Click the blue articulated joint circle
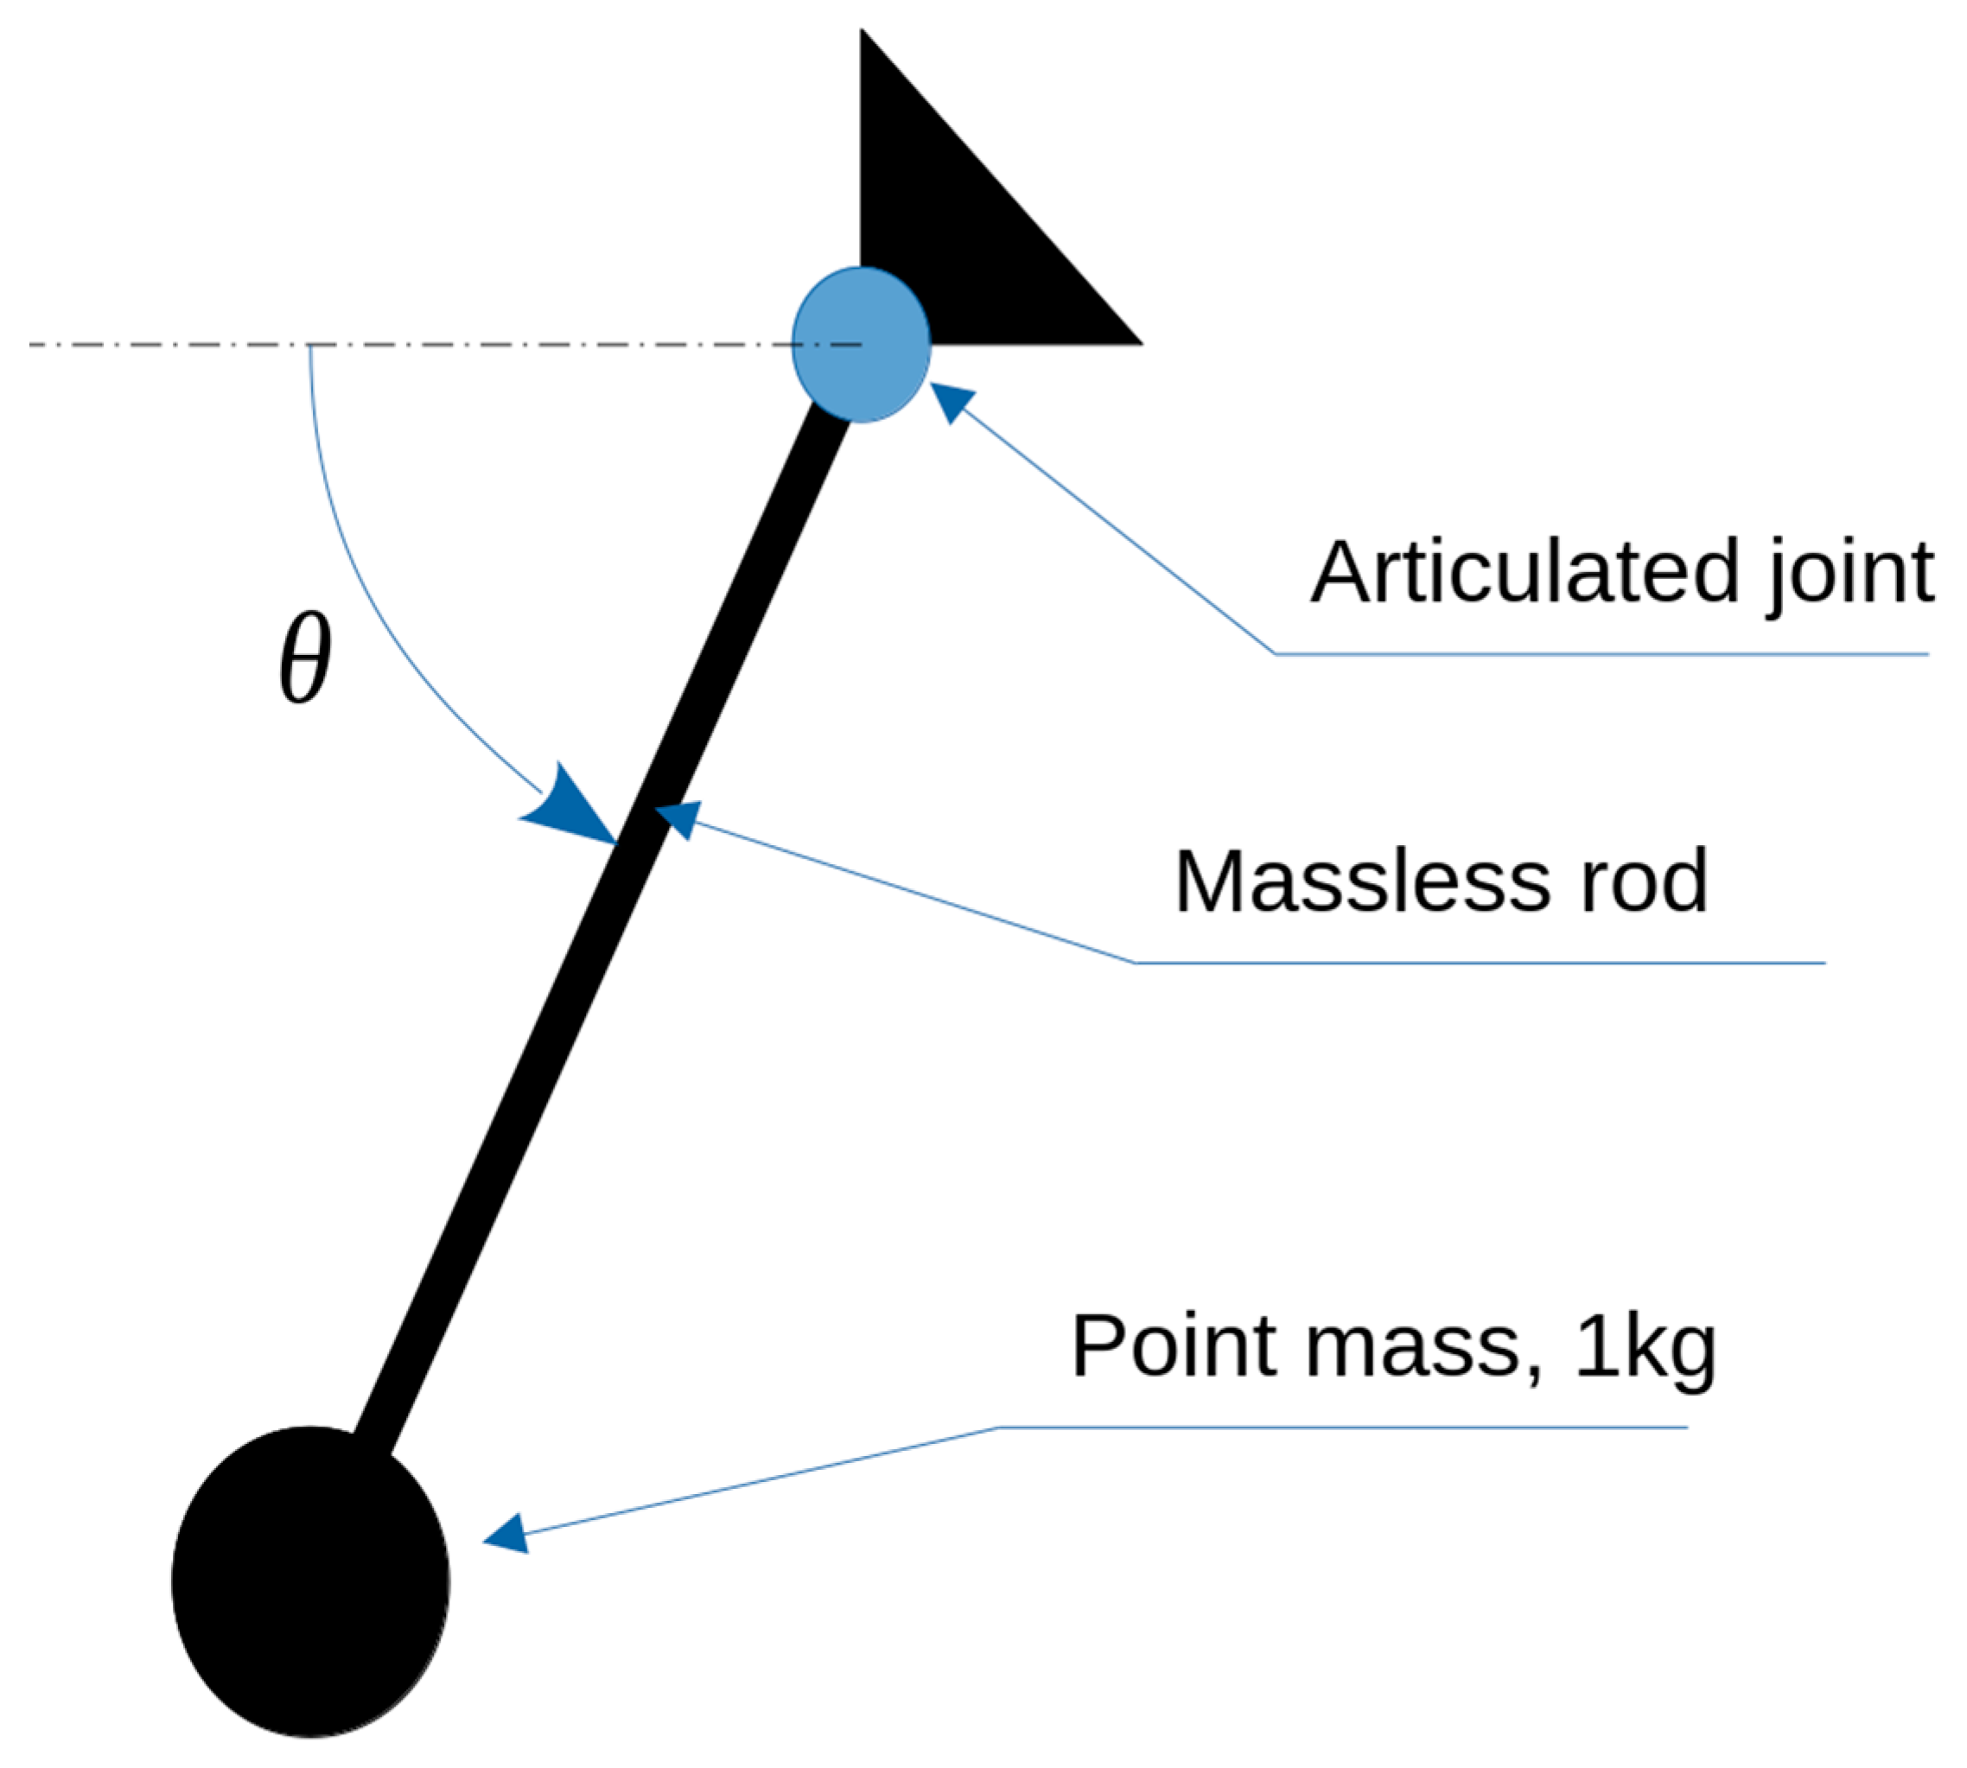click(x=861, y=345)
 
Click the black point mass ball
click(x=310, y=1582)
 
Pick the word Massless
click(x=1361, y=881)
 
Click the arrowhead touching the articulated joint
click(x=952, y=399)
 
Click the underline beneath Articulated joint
click(x=1603, y=654)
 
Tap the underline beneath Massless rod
click(x=1476, y=963)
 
